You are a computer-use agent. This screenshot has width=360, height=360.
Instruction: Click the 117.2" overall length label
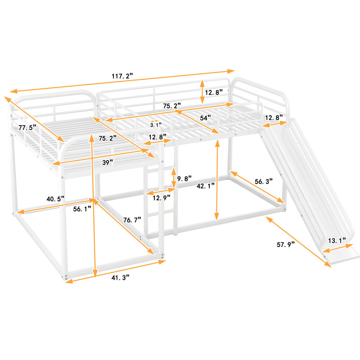(x=122, y=76)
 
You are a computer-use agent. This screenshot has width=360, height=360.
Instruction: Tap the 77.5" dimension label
(x=27, y=127)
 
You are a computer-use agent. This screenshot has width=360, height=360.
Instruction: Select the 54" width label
(x=206, y=118)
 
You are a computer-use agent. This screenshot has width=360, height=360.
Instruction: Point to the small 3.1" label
(x=156, y=125)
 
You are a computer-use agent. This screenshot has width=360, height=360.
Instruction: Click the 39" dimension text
(x=108, y=162)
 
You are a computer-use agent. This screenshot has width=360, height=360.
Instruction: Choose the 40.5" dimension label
(x=55, y=199)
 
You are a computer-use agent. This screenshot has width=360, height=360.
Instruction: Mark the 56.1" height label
(x=82, y=209)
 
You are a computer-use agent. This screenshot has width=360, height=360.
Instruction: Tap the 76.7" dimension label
(x=132, y=220)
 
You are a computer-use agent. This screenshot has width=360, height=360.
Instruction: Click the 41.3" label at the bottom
(x=121, y=278)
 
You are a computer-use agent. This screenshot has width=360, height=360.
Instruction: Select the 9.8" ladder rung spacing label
(x=184, y=178)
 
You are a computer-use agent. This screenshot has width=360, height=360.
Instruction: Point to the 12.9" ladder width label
(x=162, y=198)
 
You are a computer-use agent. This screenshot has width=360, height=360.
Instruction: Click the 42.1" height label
(x=206, y=186)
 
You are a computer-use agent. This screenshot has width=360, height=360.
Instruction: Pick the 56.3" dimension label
(x=264, y=181)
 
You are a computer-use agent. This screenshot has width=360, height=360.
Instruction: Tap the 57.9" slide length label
(x=286, y=244)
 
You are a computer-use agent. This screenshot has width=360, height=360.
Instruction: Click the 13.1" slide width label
(x=337, y=241)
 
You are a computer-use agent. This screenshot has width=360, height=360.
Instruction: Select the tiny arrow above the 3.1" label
(x=154, y=121)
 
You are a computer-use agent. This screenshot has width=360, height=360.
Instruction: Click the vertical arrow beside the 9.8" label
(x=174, y=178)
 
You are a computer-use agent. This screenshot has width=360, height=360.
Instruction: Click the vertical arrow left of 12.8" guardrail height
(x=202, y=92)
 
